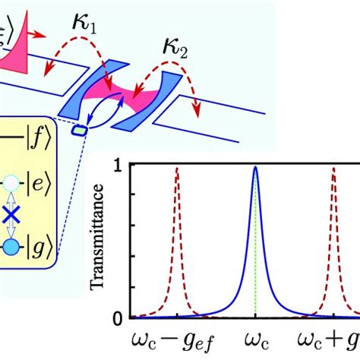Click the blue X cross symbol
click(x=11, y=215)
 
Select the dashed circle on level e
click(x=11, y=182)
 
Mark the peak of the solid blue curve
click(x=255, y=168)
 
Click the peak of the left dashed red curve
click(x=176, y=169)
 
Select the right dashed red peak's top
click(x=333, y=169)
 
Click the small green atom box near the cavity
click(x=79, y=131)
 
